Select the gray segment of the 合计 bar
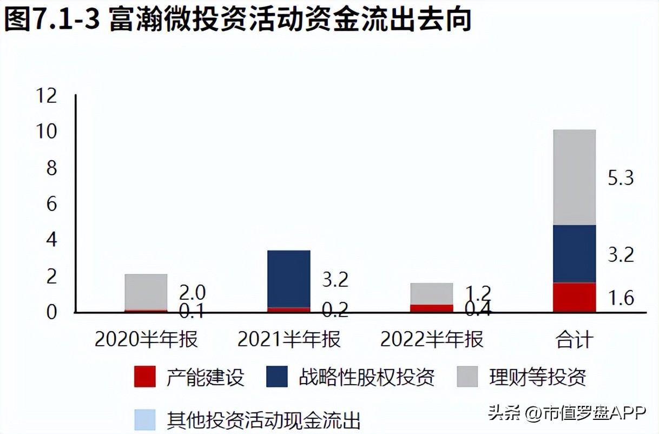pyautogui.click(x=574, y=177)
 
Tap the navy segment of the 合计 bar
pyautogui.click(x=574, y=253)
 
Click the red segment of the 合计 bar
pyautogui.click(x=574, y=297)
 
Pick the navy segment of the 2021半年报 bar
pyautogui.click(x=289, y=279)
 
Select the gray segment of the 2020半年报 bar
pyautogui.click(x=146, y=292)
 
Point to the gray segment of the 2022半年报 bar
pyautogui.click(x=431, y=293)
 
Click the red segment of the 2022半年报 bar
pyautogui.click(x=431, y=308)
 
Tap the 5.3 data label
pyautogui.click(x=620, y=178)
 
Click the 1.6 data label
pyautogui.click(x=620, y=298)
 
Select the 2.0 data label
pyautogui.click(x=192, y=293)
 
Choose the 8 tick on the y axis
pyautogui.click(x=51, y=168)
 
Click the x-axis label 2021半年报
pyautogui.click(x=289, y=340)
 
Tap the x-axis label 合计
pyautogui.click(x=574, y=340)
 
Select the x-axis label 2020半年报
pyautogui.click(x=146, y=340)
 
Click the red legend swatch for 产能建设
pyautogui.click(x=144, y=377)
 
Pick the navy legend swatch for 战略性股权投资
pyautogui.click(x=277, y=377)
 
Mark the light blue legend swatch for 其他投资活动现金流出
pyautogui.click(x=144, y=419)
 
